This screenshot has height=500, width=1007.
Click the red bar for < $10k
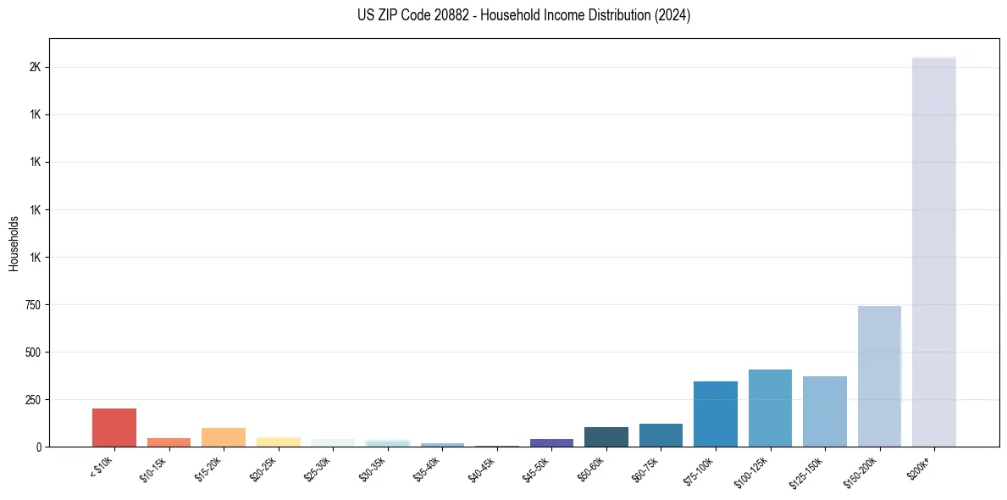(114, 427)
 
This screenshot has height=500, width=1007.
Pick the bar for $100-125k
(770, 408)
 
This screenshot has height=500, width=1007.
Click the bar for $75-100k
(716, 414)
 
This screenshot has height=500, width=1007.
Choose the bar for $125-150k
(825, 411)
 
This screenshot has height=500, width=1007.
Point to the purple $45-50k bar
(551, 442)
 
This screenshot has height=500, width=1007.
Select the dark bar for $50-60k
(606, 436)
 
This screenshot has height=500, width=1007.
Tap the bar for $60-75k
(661, 435)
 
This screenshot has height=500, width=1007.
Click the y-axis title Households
(14, 242)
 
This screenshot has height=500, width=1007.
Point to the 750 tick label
(33, 304)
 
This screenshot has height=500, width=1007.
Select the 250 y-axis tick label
(33, 399)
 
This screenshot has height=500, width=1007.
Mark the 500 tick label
(33, 352)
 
